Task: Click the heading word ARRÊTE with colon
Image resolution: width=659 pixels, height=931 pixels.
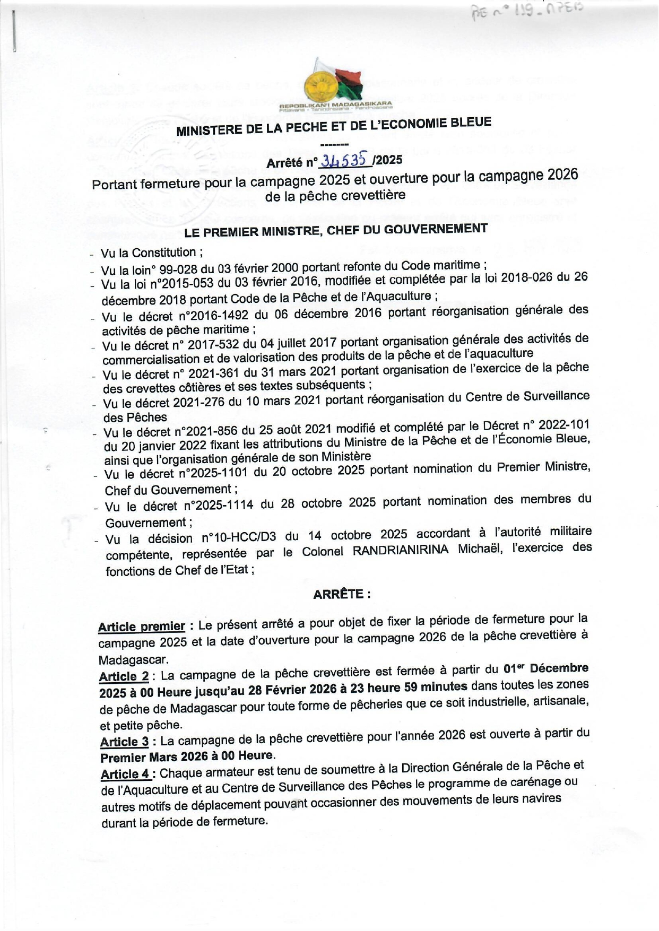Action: tap(341, 594)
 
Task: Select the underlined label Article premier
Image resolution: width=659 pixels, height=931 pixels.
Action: tap(142, 627)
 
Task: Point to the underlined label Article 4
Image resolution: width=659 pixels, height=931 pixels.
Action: tap(126, 774)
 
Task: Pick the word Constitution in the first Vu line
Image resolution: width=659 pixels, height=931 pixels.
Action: tap(164, 253)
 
